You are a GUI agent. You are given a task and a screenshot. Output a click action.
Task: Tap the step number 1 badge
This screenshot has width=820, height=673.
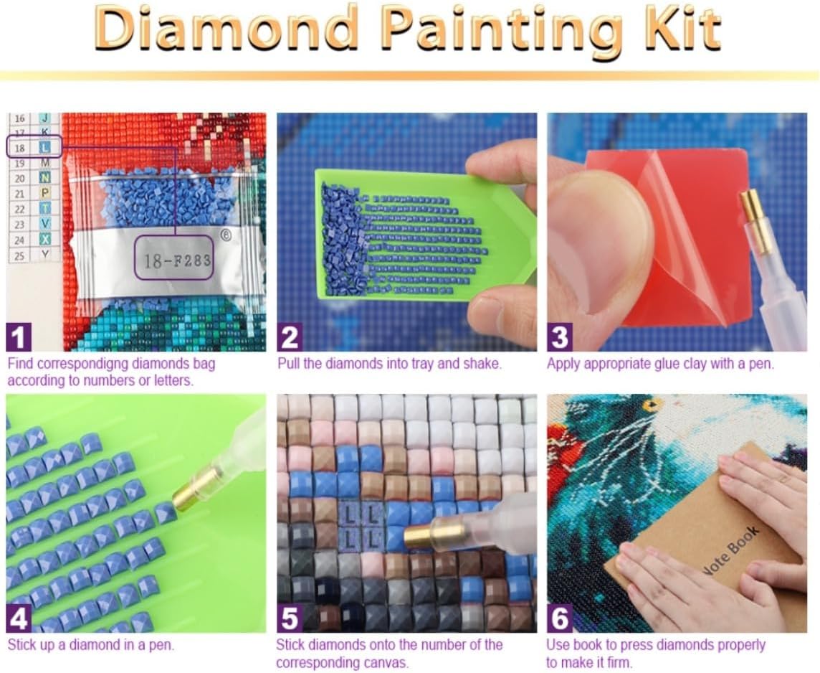[19, 337]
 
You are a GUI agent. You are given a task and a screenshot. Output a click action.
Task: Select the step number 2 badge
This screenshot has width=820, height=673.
[290, 337]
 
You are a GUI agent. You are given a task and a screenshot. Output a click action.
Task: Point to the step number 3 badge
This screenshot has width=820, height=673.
[560, 337]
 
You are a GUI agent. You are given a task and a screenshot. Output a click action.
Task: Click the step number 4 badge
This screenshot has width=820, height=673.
[19, 619]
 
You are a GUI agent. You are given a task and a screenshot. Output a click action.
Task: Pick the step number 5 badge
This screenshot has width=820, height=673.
[290, 619]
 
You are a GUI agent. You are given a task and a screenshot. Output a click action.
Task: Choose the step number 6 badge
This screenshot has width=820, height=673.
[560, 619]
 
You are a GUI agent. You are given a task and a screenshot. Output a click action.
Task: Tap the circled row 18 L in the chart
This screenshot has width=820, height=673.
[34, 147]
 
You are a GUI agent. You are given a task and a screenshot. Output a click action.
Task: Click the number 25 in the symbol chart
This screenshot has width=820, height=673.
[19, 256]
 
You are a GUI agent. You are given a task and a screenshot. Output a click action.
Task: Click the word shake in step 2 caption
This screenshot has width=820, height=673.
[481, 363]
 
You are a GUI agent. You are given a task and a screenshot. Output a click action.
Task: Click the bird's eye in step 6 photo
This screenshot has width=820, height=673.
[652, 405]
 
